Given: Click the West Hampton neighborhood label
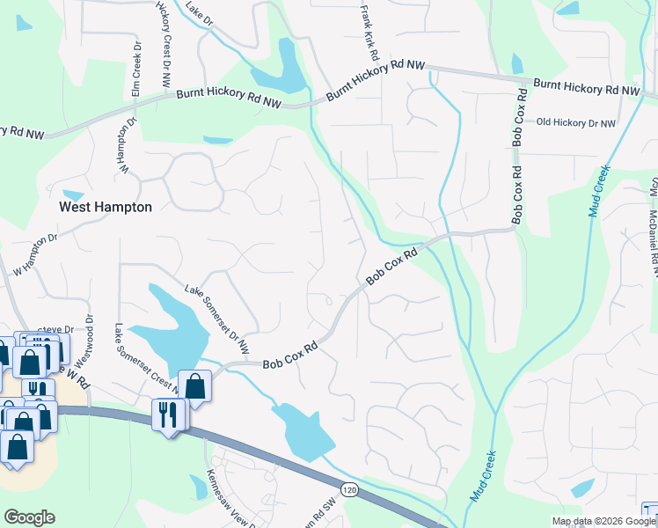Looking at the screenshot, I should [x=105, y=208].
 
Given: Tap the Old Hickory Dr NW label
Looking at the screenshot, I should [x=576, y=122].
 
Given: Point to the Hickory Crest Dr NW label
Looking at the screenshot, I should [x=164, y=44].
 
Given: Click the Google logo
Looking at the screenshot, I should [x=30, y=517].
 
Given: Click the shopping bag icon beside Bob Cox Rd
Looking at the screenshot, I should [x=194, y=385].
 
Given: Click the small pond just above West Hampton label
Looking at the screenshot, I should [x=74, y=194].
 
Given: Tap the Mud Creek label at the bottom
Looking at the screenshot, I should [x=483, y=475].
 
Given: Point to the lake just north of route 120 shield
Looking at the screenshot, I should [x=303, y=431].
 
